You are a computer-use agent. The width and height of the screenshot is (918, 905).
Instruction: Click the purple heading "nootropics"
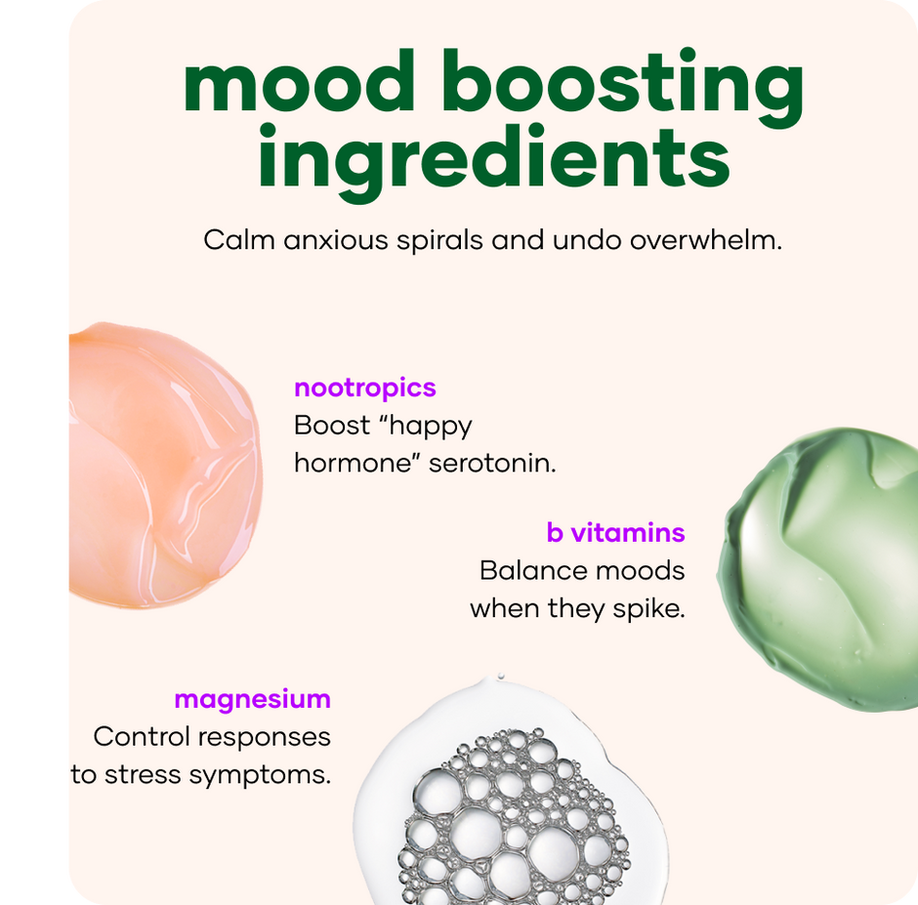tap(364, 389)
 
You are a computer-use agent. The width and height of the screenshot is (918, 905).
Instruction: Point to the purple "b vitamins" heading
tap(615, 533)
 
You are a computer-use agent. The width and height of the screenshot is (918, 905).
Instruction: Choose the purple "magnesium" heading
tap(252, 700)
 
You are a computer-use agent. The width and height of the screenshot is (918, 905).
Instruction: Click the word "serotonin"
tap(492, 464)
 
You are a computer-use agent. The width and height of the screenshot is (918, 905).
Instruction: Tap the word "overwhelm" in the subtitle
tap(705, 240)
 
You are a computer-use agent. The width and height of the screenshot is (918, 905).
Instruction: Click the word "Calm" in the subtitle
tap(239, 240)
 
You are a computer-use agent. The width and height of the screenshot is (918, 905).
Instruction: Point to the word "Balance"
tap(523, 571)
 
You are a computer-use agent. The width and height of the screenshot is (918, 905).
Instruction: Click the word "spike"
tap(648, 609)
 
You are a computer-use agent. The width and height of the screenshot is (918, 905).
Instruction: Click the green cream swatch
tap(819, 569)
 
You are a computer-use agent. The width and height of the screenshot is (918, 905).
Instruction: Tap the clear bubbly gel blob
tap(511, 796)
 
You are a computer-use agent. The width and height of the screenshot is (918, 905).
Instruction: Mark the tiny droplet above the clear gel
tap(501, 677)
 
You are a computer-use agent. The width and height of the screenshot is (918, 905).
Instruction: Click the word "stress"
tap(142, 775)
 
